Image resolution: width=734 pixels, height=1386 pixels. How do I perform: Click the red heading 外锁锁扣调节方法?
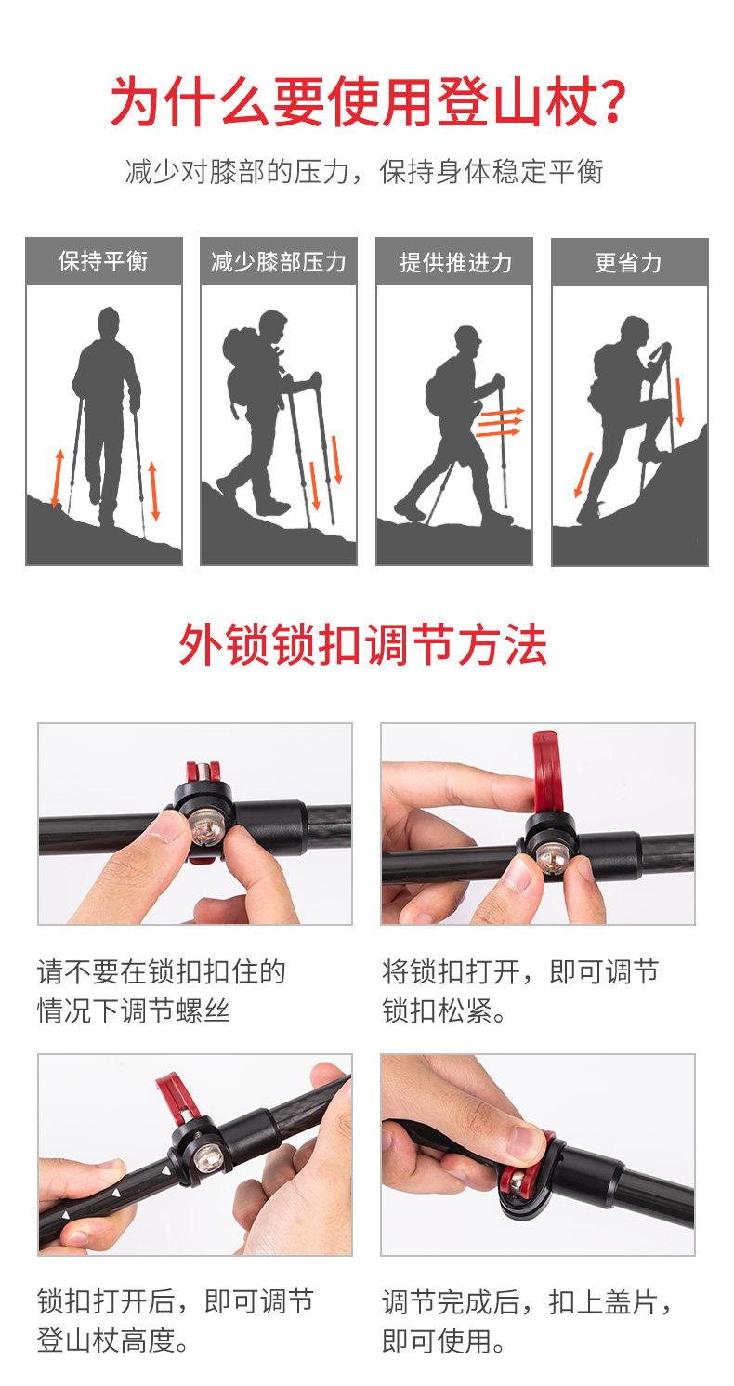click(363, 644)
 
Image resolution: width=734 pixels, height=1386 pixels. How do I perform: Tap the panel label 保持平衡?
click(103, 261)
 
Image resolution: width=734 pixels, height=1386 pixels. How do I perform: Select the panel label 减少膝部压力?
click(278, 262)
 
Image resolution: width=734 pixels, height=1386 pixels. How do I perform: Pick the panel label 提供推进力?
click(456, 262)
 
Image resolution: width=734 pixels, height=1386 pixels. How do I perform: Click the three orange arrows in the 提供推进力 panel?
click(500, 422)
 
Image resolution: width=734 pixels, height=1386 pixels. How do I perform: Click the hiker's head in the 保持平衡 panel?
click(109, 323)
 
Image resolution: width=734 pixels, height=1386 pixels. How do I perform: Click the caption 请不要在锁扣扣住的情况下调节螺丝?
click(162, 991)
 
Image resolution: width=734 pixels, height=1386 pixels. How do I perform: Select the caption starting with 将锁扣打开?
click(520, 991)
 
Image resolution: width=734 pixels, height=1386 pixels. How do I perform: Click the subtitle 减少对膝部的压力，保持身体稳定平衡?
click(364, 171)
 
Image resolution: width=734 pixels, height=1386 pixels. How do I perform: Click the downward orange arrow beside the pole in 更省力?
click(679, 403)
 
